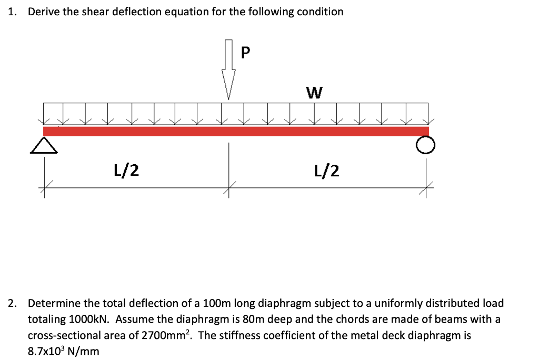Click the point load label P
246,53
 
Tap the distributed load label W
314,93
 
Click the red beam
236,131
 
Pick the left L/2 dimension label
126,169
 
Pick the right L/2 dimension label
326,169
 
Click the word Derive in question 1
44,12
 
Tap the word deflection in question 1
141,12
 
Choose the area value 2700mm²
168,335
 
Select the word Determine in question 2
54,304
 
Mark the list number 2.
12,304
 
